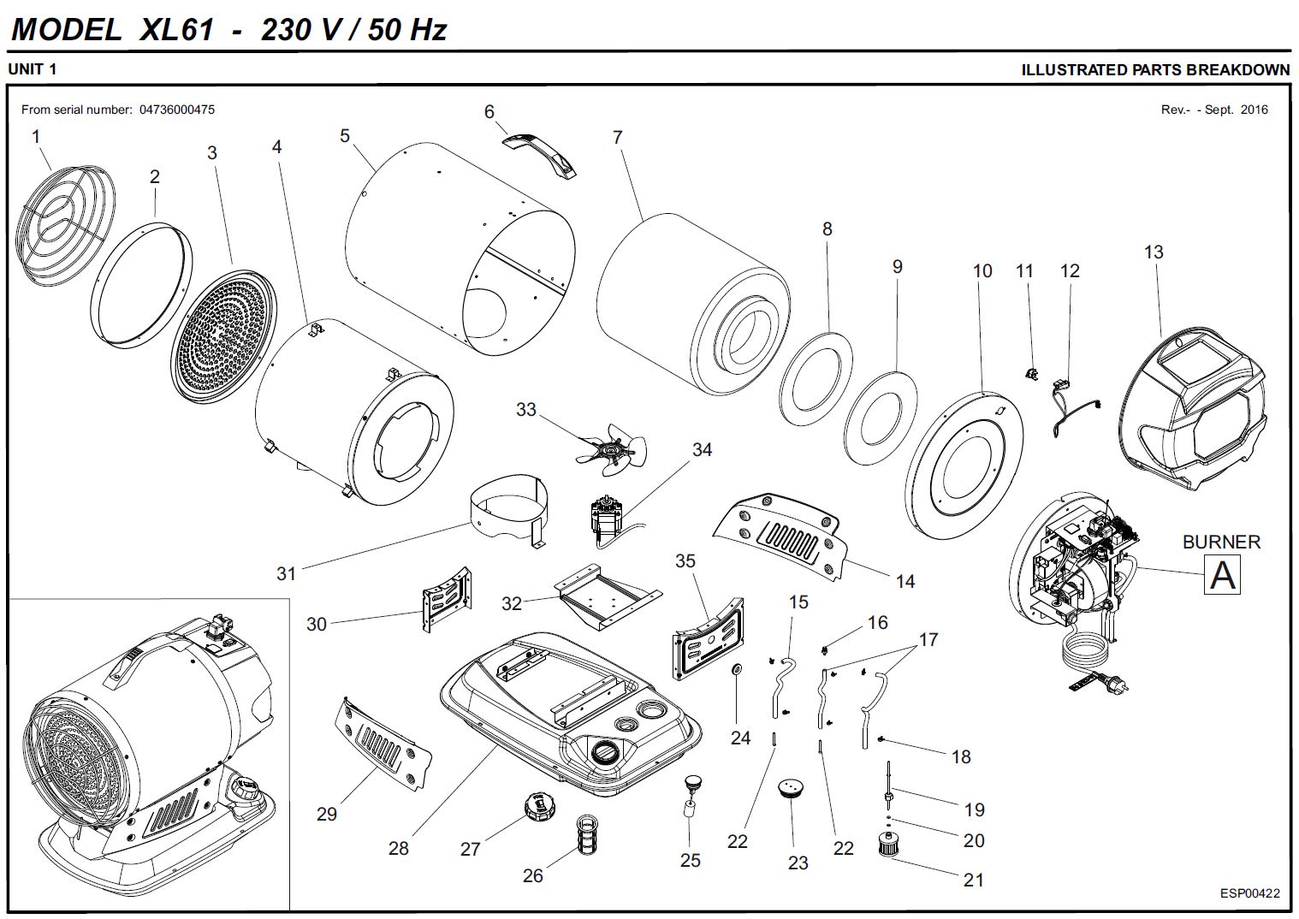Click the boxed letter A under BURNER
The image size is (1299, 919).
pos(1222,574)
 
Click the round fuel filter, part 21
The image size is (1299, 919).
pos(893,845)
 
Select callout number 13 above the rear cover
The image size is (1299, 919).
pos(1154,252)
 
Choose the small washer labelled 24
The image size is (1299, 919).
pos(736,668)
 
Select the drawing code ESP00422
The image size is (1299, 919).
pos(1250,893)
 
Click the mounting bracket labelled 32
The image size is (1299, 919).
pos(608,596)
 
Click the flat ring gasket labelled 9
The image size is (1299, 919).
pos(881,416)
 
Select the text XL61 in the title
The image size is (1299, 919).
pos(175,31)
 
